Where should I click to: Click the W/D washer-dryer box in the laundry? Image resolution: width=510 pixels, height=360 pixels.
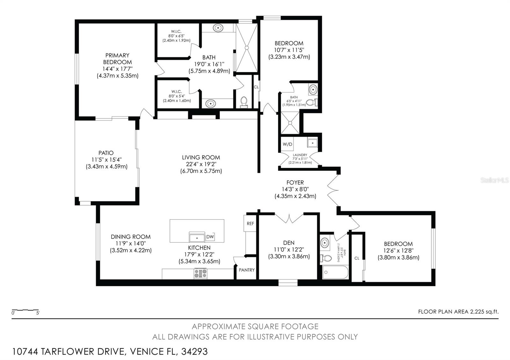click(287, 144)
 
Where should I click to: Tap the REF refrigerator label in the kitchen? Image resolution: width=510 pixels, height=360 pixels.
click(251, 223)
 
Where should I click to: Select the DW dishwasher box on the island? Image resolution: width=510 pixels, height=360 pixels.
click(210, 237)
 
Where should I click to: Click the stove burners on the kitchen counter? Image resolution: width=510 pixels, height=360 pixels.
click(200, 273)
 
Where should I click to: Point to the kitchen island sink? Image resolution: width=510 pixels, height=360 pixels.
click(197, 237)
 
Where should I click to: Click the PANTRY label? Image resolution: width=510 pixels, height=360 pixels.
click(247, 270)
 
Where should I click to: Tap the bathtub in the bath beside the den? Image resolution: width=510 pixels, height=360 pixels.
click(335, 273)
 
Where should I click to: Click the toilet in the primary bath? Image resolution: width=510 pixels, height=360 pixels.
click(244, 102)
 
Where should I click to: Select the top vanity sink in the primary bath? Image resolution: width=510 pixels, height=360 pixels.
click(218, 28)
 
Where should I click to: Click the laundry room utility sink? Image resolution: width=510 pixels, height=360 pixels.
click(312, 143)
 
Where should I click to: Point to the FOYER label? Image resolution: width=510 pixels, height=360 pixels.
click(295, 183)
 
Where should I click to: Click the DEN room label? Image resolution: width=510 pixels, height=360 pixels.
click(289, 243)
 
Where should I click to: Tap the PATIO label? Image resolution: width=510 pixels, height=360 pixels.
click(106, 153)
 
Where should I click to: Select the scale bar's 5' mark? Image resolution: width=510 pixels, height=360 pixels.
click(38, 313)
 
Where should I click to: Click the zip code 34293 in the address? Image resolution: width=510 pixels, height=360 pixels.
click(194, 351)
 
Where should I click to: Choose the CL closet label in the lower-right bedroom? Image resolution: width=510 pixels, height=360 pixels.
click(357, 258)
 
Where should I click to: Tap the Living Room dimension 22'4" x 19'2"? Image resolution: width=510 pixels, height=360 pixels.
click(201, 164)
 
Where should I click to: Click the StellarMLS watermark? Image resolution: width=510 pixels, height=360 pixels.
click(494, 180)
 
